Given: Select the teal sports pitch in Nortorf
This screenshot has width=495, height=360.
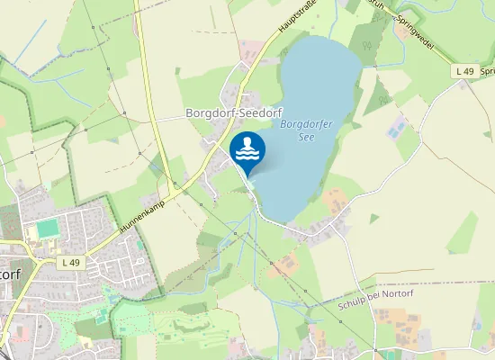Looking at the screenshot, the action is click(48, 229).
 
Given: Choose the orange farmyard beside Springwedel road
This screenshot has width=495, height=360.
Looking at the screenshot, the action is click(402, 31).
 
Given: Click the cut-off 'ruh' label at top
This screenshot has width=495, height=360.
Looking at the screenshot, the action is click(377, 4).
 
